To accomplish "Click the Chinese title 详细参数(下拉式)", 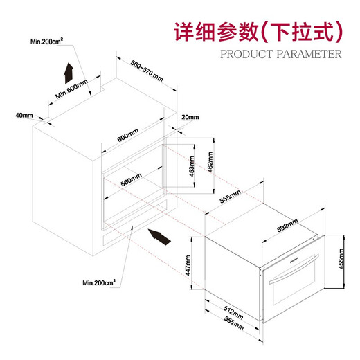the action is (x=258, y=32).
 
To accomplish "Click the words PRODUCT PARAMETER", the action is (x=281, y=54).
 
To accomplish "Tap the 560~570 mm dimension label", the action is (x=147, y=71).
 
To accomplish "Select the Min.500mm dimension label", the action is (x=71, y=89).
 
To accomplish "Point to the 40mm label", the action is (x=24, y=115).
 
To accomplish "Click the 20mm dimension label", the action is (x=190, y=117).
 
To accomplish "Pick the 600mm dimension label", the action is (x=127, y=135).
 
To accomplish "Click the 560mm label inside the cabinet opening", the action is (x=131, y=180).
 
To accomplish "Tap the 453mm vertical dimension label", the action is (x=192, y=166).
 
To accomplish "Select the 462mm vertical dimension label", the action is (x=210, y=162).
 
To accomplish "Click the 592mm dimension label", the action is (x=287, y=226).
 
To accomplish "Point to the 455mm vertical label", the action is (x=341, y=259).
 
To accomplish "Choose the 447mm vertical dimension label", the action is (x=188, y=265).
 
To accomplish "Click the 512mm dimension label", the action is (x=233, y=313).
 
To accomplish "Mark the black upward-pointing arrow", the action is (x=69, y=73).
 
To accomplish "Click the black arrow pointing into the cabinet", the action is (x=159, y=237).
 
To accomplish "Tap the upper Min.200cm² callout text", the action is (x=46, y=42).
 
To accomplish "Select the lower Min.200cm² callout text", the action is (x=99, y=282).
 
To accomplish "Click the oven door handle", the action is (x=294, y=269).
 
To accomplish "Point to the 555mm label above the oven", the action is (x=230, y=196).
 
